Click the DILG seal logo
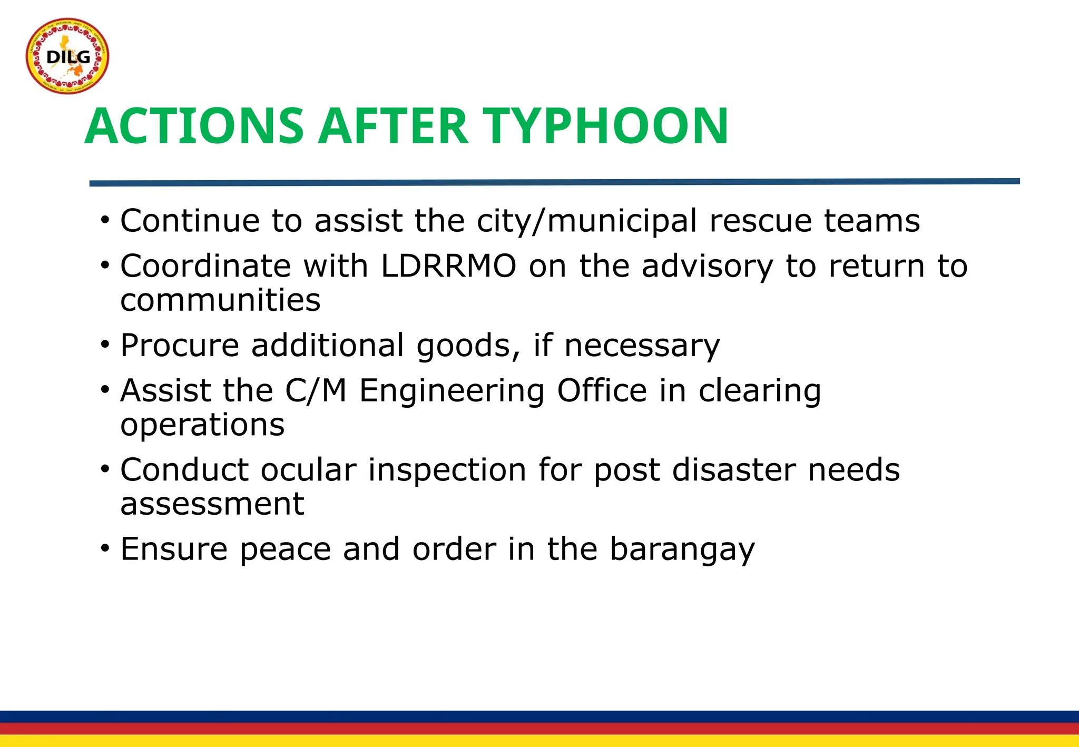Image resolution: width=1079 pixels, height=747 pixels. coord(67,56)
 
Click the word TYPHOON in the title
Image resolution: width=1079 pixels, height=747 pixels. coord(606,126)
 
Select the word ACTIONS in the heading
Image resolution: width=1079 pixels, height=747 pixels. coord(194,126)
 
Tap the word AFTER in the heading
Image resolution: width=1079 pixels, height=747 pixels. coord(393,126)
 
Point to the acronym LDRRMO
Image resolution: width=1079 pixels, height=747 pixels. coord(448,266)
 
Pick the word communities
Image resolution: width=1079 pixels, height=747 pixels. coord(220,300)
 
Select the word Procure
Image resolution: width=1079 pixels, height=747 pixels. coord(180,346)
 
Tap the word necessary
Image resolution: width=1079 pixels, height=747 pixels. coord(642,346)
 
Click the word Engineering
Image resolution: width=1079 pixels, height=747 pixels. coord(452,391)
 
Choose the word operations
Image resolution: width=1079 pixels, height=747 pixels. coord(202,425)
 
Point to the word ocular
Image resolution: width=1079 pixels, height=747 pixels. coord(308,470)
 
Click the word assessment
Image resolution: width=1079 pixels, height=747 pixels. coord(212,504)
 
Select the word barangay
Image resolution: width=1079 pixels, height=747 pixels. coord(682,550)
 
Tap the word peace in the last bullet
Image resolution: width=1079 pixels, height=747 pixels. coord(286,550)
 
